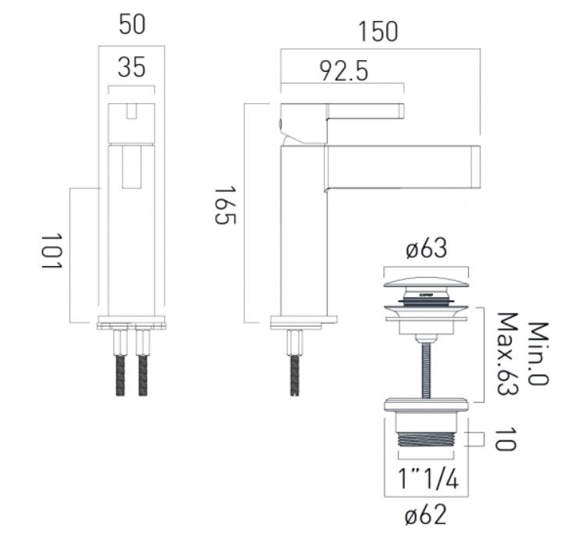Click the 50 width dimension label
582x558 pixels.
(132, 25)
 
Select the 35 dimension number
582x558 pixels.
(132, 67)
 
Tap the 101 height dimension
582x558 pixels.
(51, 251)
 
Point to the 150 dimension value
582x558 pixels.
(378, 32)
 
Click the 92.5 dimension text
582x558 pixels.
(344, 71)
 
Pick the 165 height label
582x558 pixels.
(225, 205)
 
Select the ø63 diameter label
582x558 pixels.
(427, 248)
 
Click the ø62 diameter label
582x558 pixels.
(426, 515)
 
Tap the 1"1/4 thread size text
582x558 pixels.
(428, 478)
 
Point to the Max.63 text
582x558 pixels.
(507, 354)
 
